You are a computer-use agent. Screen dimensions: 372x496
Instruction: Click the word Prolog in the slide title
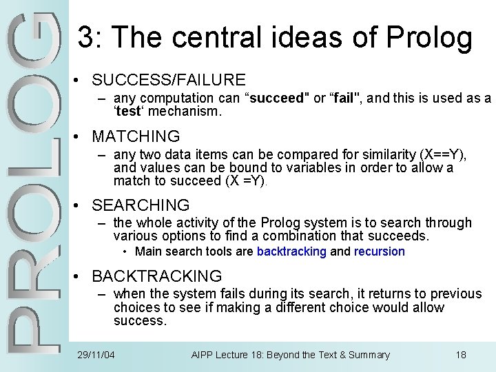432,38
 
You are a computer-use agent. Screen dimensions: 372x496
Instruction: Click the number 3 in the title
85,38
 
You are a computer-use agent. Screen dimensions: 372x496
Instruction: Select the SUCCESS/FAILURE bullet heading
168,80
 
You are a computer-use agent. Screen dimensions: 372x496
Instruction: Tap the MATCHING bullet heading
136,136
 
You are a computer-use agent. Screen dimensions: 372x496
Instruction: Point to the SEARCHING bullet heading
141,205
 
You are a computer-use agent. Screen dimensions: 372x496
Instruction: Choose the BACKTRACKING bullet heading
156,276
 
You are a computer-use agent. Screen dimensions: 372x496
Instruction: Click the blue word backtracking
291,251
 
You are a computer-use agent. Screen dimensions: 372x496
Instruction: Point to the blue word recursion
380,251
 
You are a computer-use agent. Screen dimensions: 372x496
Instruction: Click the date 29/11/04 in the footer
96,355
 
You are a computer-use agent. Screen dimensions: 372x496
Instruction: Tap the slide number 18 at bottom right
461,355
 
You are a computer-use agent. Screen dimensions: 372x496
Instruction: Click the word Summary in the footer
369,355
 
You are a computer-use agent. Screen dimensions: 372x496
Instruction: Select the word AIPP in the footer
203,355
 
